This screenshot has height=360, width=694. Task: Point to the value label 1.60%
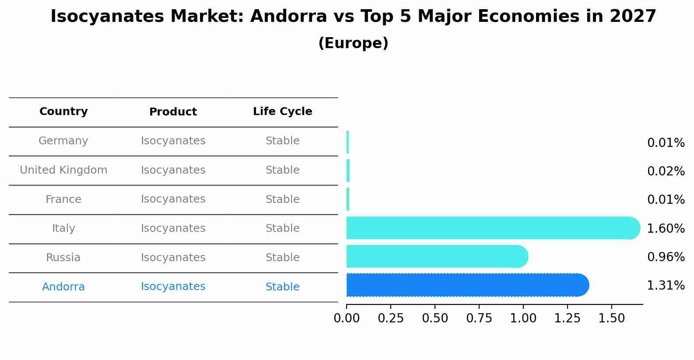pyautogui.click(x=666, y=228)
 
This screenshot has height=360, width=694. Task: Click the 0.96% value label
pyautogui.click(x=666, y=257)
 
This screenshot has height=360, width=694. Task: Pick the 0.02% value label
pyautogui.click(x=666, y=171)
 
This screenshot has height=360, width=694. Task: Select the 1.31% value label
pyautogui.click(x=666, y=286)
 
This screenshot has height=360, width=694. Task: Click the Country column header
pyautogui.click(x=63, y=112)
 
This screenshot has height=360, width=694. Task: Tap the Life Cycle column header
pyautogui.click(x=282, y=112)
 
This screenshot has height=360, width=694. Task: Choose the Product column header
pyautogui.click(x=173, y=112)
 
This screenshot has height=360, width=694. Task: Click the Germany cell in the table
pyautogui.click(x=63, y=141)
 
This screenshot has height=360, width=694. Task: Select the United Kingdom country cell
pyautogui.click(x=63, y=170)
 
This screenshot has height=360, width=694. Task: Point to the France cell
pyautogui.click(x=63, y=199)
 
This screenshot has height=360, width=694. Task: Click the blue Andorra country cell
pyautogui.click(x=63, y=287)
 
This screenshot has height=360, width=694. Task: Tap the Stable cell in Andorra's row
pyautogui.click(x=282, y=287)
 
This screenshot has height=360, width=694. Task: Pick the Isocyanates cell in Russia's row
pyautogui.click(x=173, y=258)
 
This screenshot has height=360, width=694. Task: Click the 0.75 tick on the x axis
pyautogui.click(x=479, y=318)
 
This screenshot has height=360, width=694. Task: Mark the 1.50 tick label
pyautogui.click(x=611, y=318)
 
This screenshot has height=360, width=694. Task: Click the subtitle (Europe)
pyautogui.click(x=353, y=43)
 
